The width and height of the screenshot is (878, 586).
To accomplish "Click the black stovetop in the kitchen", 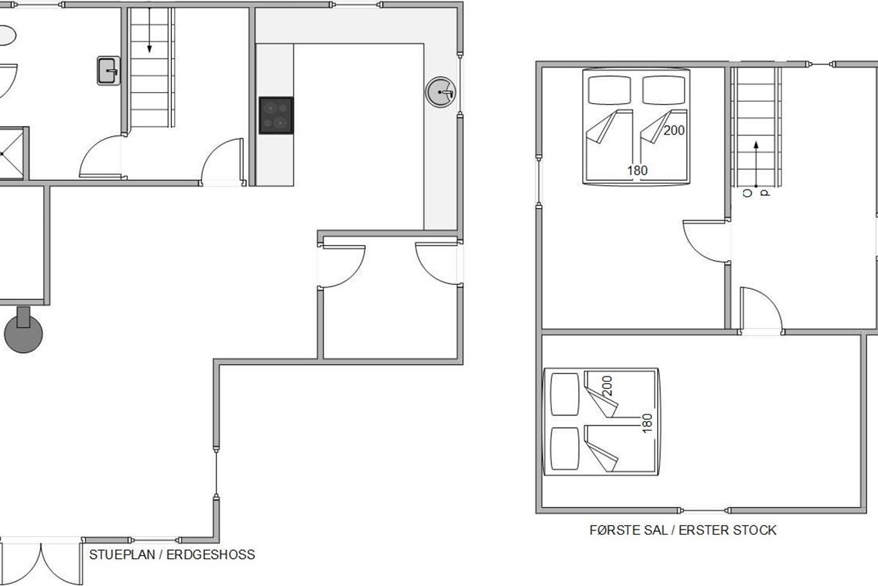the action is (276, 116).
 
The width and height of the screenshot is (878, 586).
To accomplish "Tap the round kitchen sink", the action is (441, 92).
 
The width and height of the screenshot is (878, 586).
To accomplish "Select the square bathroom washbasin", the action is (108, 71).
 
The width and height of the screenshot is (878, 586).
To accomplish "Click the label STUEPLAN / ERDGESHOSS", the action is (172, 555).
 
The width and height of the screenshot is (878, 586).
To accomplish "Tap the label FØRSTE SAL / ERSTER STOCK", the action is (683, 530).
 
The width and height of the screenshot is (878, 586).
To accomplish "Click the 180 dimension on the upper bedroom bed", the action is (637, 171).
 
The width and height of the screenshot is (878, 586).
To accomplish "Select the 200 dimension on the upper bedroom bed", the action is (674, 130).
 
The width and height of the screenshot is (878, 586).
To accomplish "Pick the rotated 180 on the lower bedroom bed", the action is (647, 423).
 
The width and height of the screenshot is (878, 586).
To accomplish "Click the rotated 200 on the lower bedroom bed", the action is (607, 386).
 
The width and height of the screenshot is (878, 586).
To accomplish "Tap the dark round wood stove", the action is (23, 334).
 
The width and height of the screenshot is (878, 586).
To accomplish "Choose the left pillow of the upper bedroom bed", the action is (609, 90).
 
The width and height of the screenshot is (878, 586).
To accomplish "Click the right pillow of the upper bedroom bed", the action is (664, 90).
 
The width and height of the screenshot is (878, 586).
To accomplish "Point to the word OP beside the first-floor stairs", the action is (756, 193).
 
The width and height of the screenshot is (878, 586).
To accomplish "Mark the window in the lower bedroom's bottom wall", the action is (704, 511).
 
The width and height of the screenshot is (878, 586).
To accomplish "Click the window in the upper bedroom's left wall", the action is (539, 180).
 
